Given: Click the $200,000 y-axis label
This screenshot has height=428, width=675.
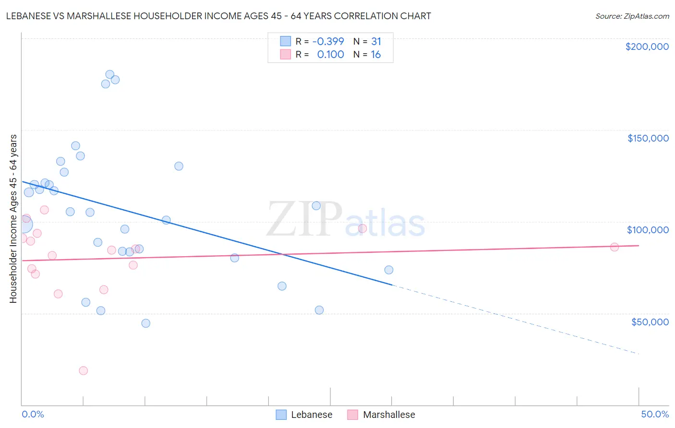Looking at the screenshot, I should tap(647, 47).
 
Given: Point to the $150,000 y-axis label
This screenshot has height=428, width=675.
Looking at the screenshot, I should tap(648, 138).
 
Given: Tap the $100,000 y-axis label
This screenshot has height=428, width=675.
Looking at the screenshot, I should tap(648, 230).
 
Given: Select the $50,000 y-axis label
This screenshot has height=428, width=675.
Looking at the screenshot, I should tap(650, 322).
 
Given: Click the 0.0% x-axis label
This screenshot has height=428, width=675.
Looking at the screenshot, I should tap(33, 414).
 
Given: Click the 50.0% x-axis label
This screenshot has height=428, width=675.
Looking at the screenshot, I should tap(655, 414).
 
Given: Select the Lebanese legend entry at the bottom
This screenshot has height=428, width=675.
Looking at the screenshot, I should tap(304, 415).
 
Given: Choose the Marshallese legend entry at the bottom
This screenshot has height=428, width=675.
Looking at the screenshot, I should tap(381, 415).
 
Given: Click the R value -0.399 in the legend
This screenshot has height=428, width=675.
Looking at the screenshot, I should tap(328, 41).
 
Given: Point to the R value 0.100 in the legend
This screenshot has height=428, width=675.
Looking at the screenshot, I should tap(330, 55).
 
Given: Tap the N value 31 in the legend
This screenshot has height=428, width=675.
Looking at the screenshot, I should tap(376, 41).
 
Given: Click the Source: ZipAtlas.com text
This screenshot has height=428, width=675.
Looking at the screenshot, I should tap(632, 16).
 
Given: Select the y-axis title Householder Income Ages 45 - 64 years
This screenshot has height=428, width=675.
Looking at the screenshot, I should tap(13, 219).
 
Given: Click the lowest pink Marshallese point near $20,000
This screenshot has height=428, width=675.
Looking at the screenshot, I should tap(83, 370).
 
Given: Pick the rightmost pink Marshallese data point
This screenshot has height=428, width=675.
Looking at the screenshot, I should tap(614, 247).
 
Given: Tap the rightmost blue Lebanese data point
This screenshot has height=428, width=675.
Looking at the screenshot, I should tap(389, 270).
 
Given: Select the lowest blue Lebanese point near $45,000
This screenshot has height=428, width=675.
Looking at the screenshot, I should tap(145, 323).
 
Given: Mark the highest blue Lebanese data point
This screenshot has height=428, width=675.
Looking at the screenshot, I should tap(109, 75).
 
